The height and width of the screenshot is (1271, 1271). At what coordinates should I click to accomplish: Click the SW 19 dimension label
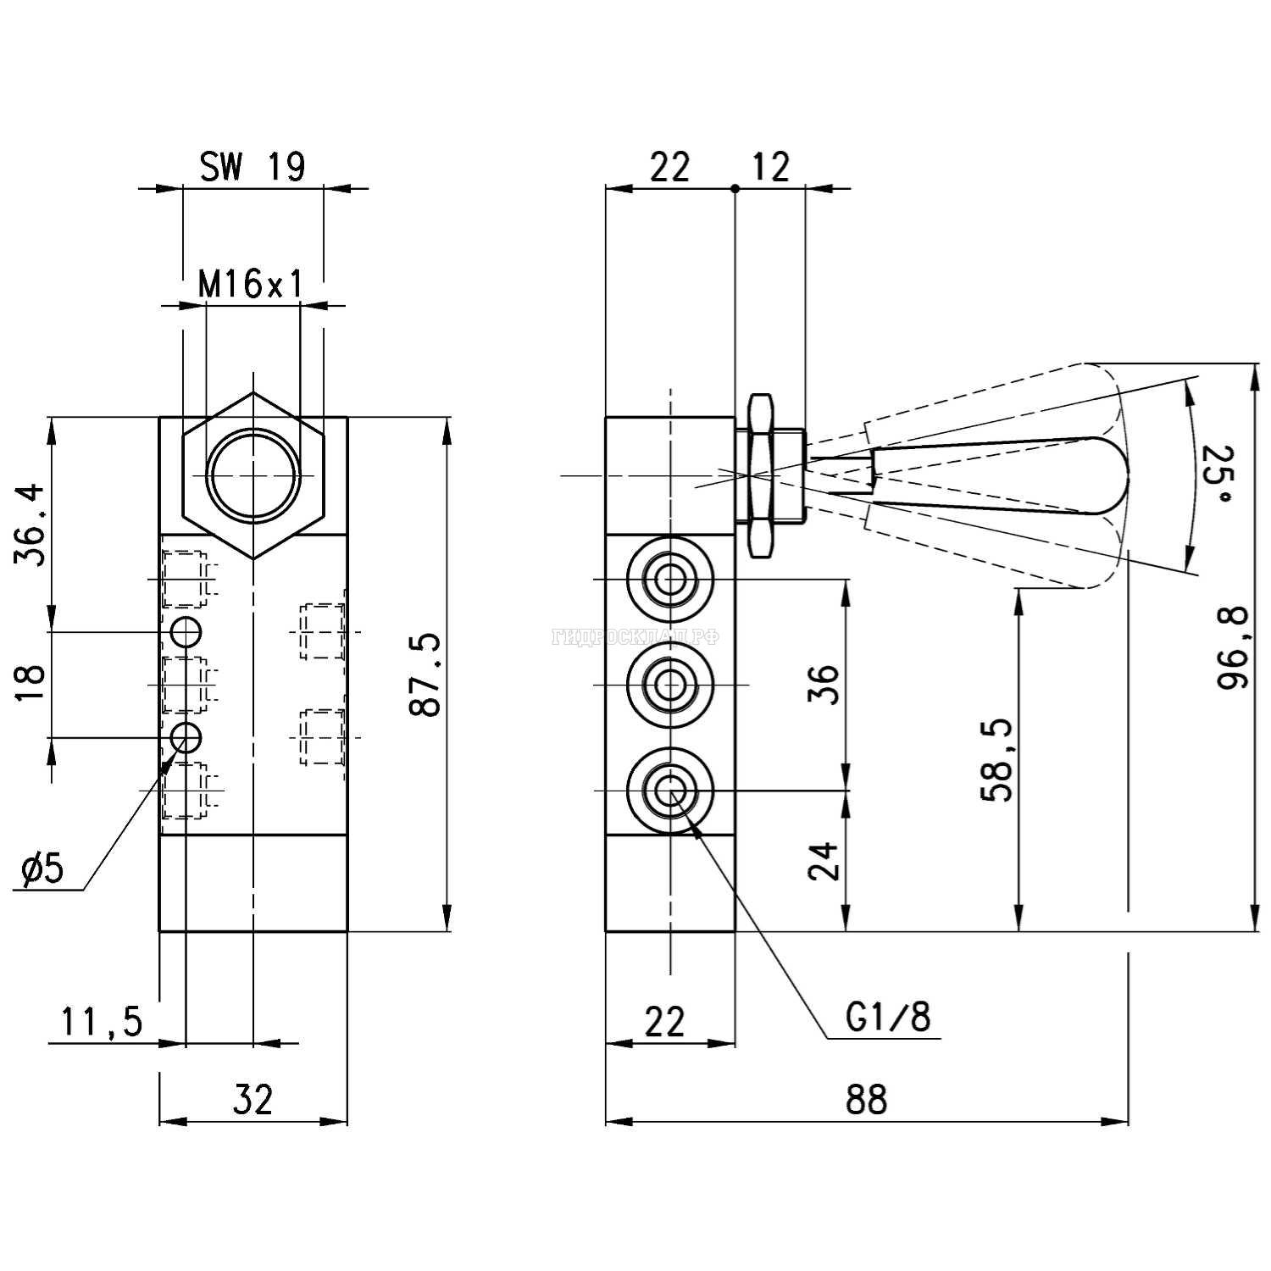coord(252,167)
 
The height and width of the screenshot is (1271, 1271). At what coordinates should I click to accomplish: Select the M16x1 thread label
coord(251,285)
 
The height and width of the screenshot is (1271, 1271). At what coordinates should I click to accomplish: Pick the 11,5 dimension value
coord(102,1022)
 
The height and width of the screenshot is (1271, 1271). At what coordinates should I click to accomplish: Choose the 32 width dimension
coord(253,1099)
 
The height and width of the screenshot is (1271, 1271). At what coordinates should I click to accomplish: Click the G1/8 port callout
coord(888,1017)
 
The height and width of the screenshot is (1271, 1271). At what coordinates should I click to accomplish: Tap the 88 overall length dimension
coord(866,1099)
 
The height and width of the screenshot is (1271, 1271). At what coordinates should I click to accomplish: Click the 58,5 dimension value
coord(996,760)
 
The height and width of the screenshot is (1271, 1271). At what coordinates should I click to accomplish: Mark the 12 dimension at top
coord(770,167)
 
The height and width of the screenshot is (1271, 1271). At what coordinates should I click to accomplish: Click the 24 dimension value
coord(824,861)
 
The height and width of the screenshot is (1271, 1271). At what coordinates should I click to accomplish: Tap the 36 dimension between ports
coord(824,685)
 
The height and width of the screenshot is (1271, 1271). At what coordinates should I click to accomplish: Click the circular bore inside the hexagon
coord(253,474)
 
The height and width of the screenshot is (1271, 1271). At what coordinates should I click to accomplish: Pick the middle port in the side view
coord(669,685)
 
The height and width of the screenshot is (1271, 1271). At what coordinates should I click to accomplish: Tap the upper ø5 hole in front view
coord(186,631)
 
